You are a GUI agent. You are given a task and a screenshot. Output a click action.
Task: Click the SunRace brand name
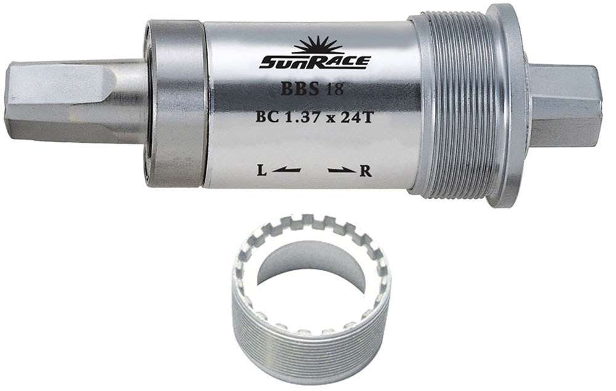point(314,62)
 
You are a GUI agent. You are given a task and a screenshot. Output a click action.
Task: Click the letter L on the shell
point(262,171)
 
